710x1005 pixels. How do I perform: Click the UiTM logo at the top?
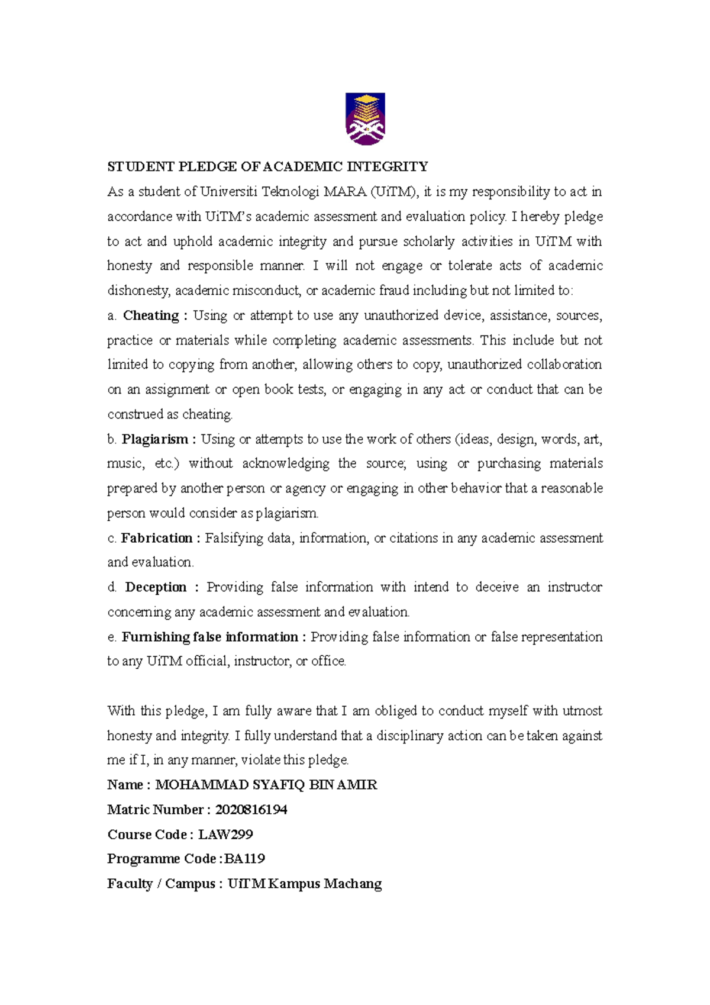[365, 119]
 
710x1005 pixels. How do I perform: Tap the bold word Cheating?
[151, 315]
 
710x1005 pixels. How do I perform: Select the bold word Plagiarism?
[154, 439]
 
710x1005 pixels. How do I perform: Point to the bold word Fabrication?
[156, 538]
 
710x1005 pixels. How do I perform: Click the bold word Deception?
[156, 587]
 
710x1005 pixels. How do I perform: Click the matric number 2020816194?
[251, 810]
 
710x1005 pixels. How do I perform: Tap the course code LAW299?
[225, 835]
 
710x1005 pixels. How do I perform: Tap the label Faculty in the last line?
[129, 884]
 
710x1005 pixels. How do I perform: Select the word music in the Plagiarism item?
[125, 463]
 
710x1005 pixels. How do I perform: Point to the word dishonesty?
[138, 291]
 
